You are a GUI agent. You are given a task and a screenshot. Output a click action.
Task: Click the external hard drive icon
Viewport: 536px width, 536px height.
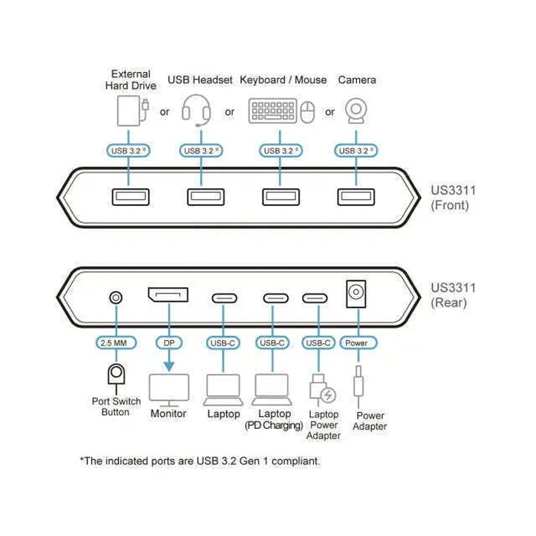pos(132,111)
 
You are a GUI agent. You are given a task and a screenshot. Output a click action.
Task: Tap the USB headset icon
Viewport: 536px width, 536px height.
pos(196,110)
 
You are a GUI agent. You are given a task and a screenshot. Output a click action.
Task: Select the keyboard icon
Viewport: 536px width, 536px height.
pos(273,111)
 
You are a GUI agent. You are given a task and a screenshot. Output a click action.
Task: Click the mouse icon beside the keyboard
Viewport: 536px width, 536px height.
pos(307,112)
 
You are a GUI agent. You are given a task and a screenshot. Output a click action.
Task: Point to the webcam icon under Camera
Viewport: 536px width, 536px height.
pos(356,111)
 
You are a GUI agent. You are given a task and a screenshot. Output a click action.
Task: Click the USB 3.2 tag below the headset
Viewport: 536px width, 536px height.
pos(201,150)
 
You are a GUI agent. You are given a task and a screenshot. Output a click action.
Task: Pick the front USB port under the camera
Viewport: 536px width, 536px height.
pos(356,197)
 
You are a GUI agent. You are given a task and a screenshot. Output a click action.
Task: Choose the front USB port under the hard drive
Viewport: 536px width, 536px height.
pos(131,197)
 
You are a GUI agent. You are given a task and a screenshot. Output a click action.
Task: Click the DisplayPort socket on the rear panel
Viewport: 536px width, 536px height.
pos(168,295)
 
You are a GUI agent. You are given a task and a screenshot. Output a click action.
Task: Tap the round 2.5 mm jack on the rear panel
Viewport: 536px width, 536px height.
pos(116,297)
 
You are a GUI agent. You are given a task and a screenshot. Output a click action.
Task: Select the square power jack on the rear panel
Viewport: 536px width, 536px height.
pos(356,293)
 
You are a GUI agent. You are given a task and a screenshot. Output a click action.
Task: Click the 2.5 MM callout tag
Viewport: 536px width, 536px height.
pos(116,342)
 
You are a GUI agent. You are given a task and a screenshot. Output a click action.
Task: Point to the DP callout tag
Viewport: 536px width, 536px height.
pos(169,342)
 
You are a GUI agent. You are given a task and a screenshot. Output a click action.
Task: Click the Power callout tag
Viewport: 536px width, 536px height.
pos(358,342)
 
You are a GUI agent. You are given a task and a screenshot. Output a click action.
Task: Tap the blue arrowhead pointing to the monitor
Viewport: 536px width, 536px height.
pos(169,367)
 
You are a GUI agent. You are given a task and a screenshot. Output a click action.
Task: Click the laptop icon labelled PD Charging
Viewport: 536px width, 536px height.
pos(272,390)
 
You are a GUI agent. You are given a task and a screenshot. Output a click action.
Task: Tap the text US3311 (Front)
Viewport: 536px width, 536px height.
pos(453,198)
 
